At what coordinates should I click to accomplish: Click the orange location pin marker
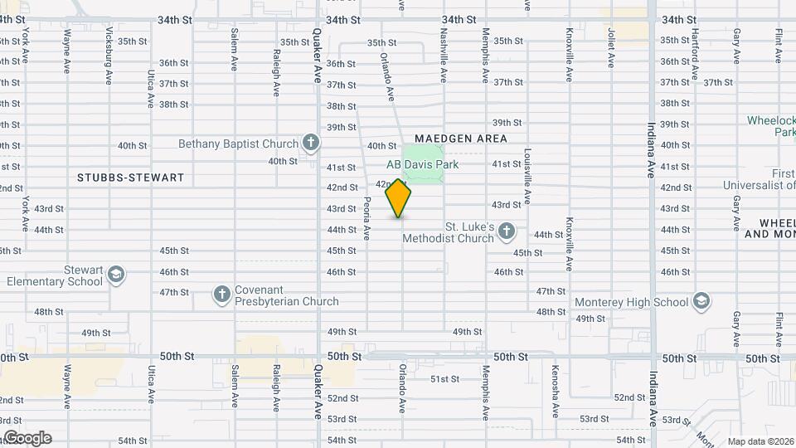tap(399, 197)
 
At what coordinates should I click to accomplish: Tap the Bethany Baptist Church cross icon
tap(310, 143)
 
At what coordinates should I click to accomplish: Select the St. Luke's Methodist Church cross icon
tap(507, 231)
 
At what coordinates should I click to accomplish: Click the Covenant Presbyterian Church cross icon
tap(221, 294)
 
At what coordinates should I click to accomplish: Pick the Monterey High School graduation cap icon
tap(701, 301)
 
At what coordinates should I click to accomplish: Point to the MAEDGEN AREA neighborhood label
tap(460, 139)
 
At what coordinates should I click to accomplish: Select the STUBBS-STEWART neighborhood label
tap(130, 178)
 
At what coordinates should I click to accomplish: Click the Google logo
tap(27, 437)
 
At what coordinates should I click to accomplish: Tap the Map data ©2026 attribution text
tap(760, 441)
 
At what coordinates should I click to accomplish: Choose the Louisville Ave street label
tap(527, 170)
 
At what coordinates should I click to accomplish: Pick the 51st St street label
tap(444, 379)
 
